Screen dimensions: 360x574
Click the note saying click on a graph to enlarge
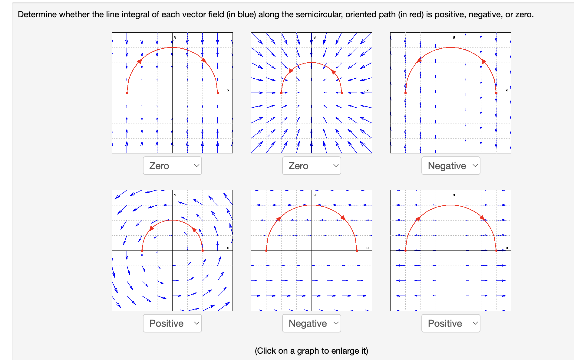tap(311, 351)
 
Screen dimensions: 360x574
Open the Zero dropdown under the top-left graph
tap(172, 166)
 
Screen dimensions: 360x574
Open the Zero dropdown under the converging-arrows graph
tap(312, 166)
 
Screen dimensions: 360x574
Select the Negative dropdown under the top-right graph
tap(451, 166)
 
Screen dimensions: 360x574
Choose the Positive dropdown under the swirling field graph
tap(172, 323)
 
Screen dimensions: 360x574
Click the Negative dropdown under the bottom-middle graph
tap(312, 323)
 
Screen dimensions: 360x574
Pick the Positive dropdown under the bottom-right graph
tap(451, 323)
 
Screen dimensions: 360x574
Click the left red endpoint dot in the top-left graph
tap(127, 93)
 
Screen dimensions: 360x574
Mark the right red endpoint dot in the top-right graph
tap(496, 93)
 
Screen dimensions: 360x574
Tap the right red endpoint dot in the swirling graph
tap(203, 250)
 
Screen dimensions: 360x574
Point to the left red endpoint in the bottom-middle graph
tap(266, 250)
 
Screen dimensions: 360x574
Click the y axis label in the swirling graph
tap(175, 195)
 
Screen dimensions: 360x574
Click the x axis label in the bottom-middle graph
tap(368, 248)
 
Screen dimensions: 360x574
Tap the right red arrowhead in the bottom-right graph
tap(482, 218)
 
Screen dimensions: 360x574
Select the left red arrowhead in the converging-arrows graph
tap(291, 71)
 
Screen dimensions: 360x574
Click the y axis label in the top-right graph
tap(454, 37)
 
